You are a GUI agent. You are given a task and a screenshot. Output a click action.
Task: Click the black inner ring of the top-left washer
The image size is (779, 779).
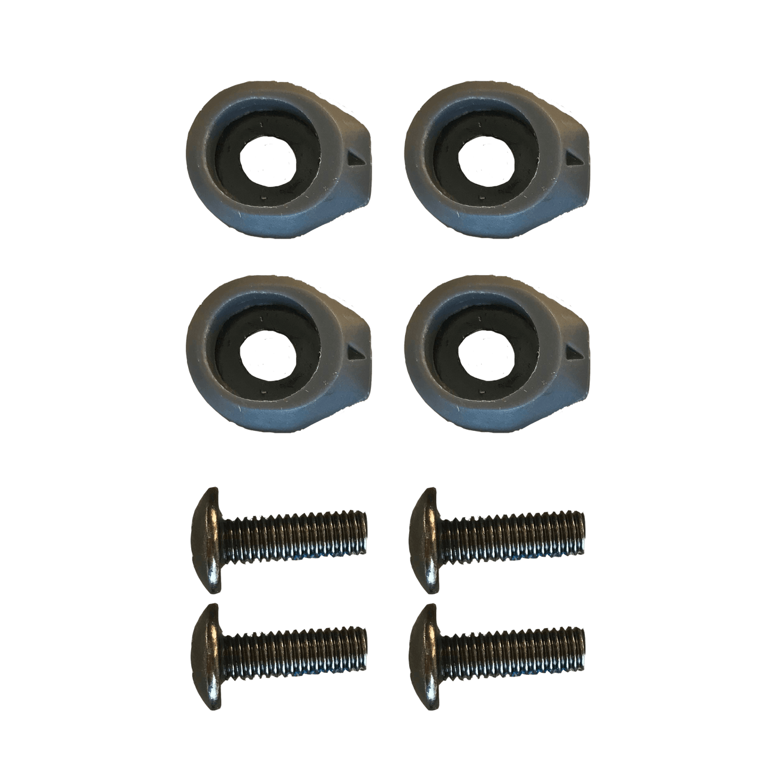coord(228,163)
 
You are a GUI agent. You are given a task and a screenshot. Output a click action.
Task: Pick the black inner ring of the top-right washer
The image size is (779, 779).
coord(446,163)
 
